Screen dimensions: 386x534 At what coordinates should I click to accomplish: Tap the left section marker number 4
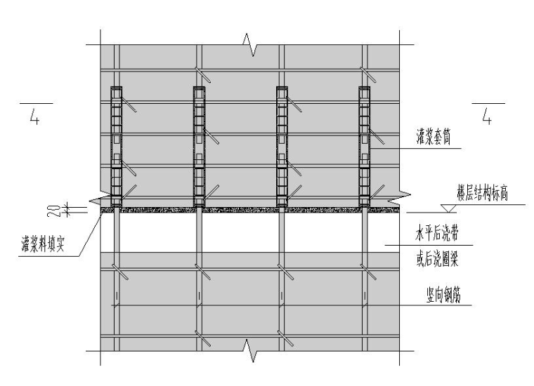point(33,116)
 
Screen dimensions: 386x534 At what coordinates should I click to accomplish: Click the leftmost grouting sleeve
point(117,145)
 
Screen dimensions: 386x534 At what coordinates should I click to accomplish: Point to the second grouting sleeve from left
point(200,145)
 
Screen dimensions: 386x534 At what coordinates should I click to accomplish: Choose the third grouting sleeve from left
point(282,145)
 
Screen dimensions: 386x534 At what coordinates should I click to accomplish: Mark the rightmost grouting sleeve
point(365,145)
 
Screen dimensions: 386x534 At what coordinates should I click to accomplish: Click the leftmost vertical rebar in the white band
point(117,232)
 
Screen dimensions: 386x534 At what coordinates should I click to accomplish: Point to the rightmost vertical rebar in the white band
point(365,232)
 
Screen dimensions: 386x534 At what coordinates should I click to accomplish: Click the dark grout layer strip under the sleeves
point(239,209)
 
